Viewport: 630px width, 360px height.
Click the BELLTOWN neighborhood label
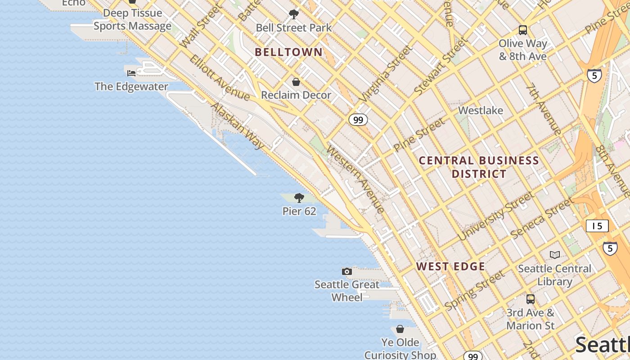(288, 52)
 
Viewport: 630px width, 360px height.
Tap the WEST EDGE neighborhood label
(450, 266)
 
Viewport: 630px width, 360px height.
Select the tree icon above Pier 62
(299, 198)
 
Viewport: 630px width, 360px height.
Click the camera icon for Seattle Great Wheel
(347, 271)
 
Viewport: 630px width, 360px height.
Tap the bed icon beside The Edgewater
(131, 73)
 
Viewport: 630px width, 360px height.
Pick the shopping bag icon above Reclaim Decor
(296, 82)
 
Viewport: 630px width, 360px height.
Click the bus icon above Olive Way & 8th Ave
(522, 30)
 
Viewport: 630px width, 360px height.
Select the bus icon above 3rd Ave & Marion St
(531, 299)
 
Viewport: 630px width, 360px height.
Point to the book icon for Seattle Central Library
(555, 255)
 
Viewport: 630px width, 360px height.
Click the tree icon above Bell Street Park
(294, 14)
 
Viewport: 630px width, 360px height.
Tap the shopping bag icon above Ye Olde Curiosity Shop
(400, 329)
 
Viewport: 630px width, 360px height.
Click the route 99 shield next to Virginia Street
(358, 120)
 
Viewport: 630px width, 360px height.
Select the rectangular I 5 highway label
(597, 226)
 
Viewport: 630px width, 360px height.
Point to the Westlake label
(480, 110)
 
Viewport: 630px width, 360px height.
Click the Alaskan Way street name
(237, 126)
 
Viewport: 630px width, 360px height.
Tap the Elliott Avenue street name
(219, 78)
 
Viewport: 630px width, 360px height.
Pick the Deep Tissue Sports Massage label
(132, 19)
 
